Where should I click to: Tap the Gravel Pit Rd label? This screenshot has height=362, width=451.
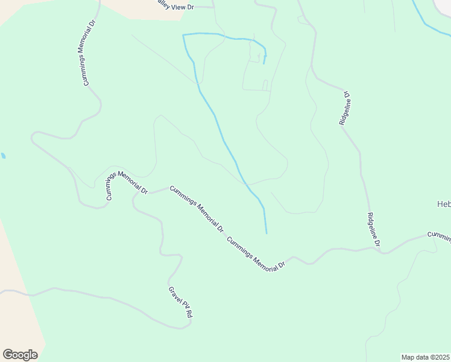pyautogui.click(x=181, y=302)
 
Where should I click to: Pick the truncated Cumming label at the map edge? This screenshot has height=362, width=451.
pyautogui.click(x=439, y=235)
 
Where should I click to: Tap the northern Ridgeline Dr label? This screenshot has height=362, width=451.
pyautogui.click(x=344, y=109)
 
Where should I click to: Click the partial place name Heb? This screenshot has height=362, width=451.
pyautogui.click(x=443, y=203)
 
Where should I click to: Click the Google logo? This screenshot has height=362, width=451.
pyautogui.click(x=20, y=355)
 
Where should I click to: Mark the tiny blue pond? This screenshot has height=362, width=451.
pyautogui.click(x=3, y=156)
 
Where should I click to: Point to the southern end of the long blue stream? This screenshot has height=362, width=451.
pyautogui.click(x=266, y=232)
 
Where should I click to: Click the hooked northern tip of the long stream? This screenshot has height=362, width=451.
pyautogui.click(x=264, y=62)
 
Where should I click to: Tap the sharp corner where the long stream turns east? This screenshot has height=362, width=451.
pyautogui.click(x=183, y=36)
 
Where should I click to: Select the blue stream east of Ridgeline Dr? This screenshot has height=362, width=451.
pyautogui.click(x=429, y=22)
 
